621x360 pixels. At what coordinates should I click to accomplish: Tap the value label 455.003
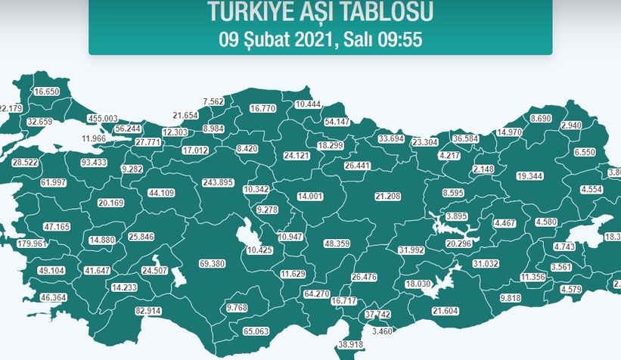[103, 119]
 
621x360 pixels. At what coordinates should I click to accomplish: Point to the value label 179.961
[31, 244]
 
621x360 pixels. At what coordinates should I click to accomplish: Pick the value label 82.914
[148, 311]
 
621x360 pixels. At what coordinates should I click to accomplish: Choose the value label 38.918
[351, 344]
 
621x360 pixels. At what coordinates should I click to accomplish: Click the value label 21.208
[387, 196]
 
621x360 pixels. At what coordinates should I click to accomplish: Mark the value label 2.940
[570, 125]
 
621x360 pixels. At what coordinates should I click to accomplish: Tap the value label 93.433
[94, 163]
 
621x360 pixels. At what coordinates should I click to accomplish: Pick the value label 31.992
[411, 250]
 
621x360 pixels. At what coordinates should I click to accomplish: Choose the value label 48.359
[337, 244]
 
